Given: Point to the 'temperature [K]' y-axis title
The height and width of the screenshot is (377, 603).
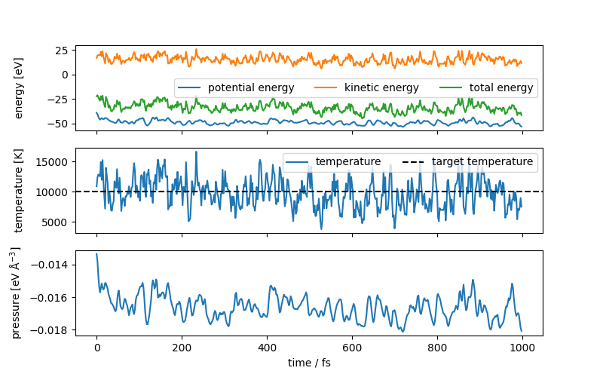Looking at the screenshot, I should (20, 192).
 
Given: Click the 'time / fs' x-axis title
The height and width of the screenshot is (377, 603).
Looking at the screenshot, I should (309, 363).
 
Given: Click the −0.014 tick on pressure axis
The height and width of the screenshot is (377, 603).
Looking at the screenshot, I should (49, 265).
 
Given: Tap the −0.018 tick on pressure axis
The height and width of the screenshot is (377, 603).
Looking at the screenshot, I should (49, 330).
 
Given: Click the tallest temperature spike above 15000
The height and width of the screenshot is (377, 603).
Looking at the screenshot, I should (196, 152).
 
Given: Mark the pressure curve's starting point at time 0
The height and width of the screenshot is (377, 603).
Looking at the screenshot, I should (96, 254).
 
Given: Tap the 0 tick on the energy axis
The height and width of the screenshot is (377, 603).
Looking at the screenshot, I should (65, 74).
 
